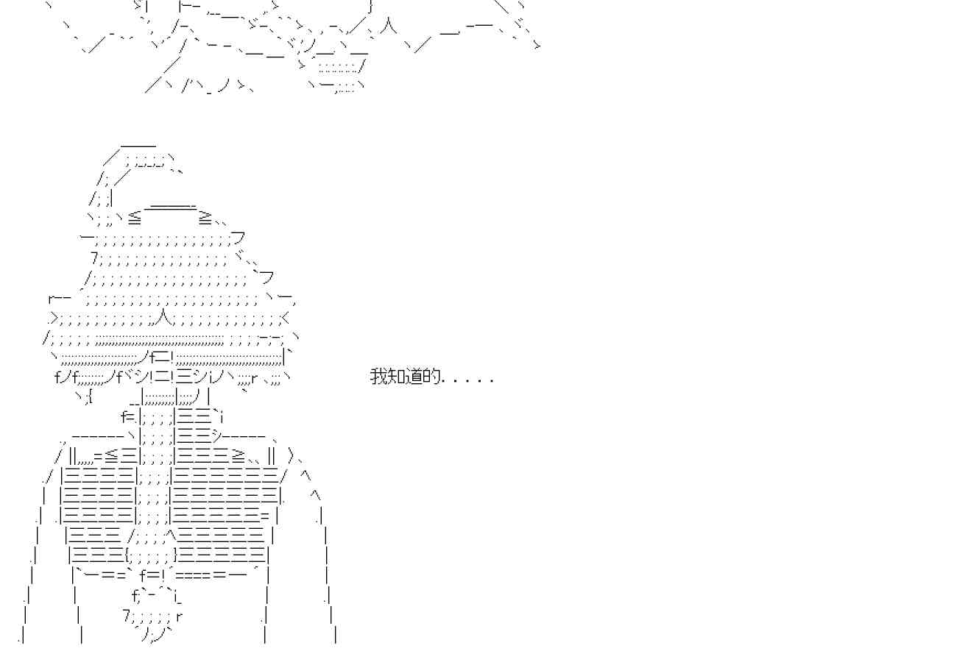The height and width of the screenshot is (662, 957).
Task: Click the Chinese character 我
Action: point(378,377)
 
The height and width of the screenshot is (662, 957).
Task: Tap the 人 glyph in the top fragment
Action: point(389,30)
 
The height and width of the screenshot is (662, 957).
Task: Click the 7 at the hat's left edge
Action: point(94,257)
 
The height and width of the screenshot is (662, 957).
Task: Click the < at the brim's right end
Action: point(286,318)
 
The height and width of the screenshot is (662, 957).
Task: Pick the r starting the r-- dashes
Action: point(50,299)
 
